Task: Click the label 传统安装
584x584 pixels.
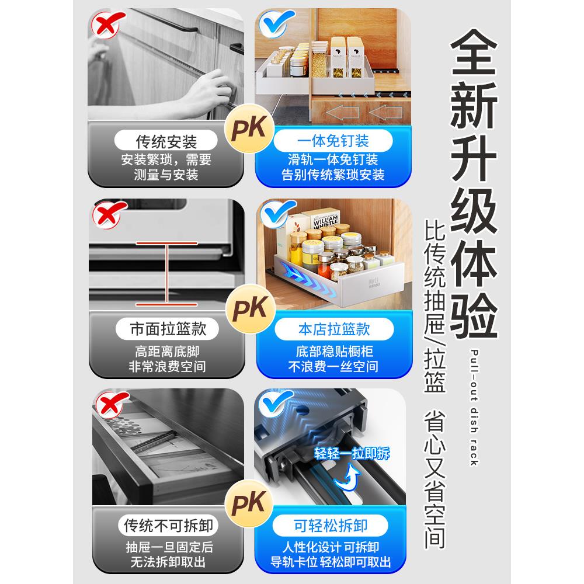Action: point(166,141)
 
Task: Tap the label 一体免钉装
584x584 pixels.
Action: point(333,141)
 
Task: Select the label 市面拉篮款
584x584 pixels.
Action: point(168,329)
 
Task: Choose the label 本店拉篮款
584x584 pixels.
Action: point(334,329)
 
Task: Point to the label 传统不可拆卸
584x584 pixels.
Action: point(168,526)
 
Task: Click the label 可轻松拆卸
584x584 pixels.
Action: point(331,526)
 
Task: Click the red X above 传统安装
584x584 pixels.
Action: point(107,24)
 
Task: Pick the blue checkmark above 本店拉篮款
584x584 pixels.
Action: point(277,213)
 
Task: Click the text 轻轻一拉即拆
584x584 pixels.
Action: point(352,454)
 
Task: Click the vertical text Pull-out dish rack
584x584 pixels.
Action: point(474,408)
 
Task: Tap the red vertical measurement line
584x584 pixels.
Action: point(167,274)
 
